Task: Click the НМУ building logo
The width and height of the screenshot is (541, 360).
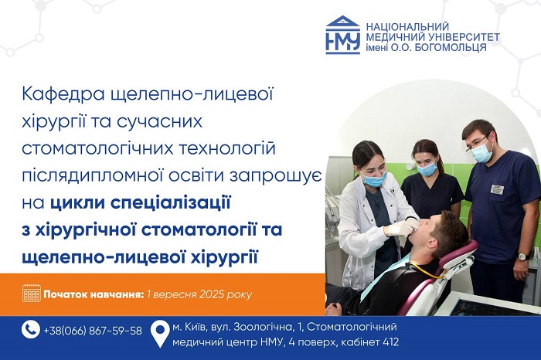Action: [343, 35]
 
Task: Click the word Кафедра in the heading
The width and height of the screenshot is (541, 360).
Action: [63, 94]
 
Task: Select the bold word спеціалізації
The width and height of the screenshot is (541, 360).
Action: [171, 203]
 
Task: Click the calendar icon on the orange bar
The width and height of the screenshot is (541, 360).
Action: [32, 294]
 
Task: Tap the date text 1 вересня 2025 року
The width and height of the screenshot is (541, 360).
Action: [199, 294]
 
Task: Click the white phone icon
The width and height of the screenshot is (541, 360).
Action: [31, 330]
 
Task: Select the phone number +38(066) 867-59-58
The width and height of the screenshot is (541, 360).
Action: [93, 331]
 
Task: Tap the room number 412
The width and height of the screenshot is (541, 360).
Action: [391, 342]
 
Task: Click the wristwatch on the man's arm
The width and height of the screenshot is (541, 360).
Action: [522, 256]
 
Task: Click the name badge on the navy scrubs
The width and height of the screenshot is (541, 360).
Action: [497, 189]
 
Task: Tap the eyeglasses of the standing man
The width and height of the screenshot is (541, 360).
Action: [477, 144]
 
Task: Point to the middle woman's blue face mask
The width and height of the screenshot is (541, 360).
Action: [427, 169]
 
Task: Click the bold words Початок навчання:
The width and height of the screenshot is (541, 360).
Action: [94, 294]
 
